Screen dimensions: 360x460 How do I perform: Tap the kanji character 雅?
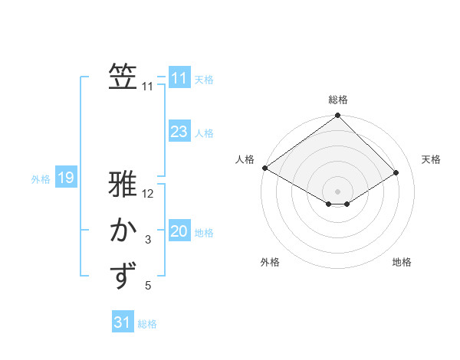pos(123,186)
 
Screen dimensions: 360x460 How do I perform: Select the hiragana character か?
pos(123,231)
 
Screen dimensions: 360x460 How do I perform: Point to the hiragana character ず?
pos(123,277)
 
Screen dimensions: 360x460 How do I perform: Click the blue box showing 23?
pos(179,132)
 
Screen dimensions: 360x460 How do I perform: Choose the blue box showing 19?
pos(66,178)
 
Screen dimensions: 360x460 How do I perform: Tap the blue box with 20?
pos(179,231)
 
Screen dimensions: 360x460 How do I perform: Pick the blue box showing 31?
pos(123,322)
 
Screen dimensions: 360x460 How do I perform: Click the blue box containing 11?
pos(179,78)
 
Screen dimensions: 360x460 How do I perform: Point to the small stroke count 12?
pos(149,195)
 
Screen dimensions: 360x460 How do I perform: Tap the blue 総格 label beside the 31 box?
pos(147,324)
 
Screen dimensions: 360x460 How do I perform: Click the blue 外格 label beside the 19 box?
pos(41,179)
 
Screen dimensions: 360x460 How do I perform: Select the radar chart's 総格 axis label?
pos(337,100)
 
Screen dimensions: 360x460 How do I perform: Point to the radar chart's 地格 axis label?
pos(402,263)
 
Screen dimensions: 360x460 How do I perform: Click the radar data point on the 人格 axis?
pos(264,168)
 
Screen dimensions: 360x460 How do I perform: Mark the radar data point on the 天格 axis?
pos(396,173)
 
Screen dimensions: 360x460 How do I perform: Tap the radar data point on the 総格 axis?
pos(337,116)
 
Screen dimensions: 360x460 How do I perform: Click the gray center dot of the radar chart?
pos(337,191)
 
